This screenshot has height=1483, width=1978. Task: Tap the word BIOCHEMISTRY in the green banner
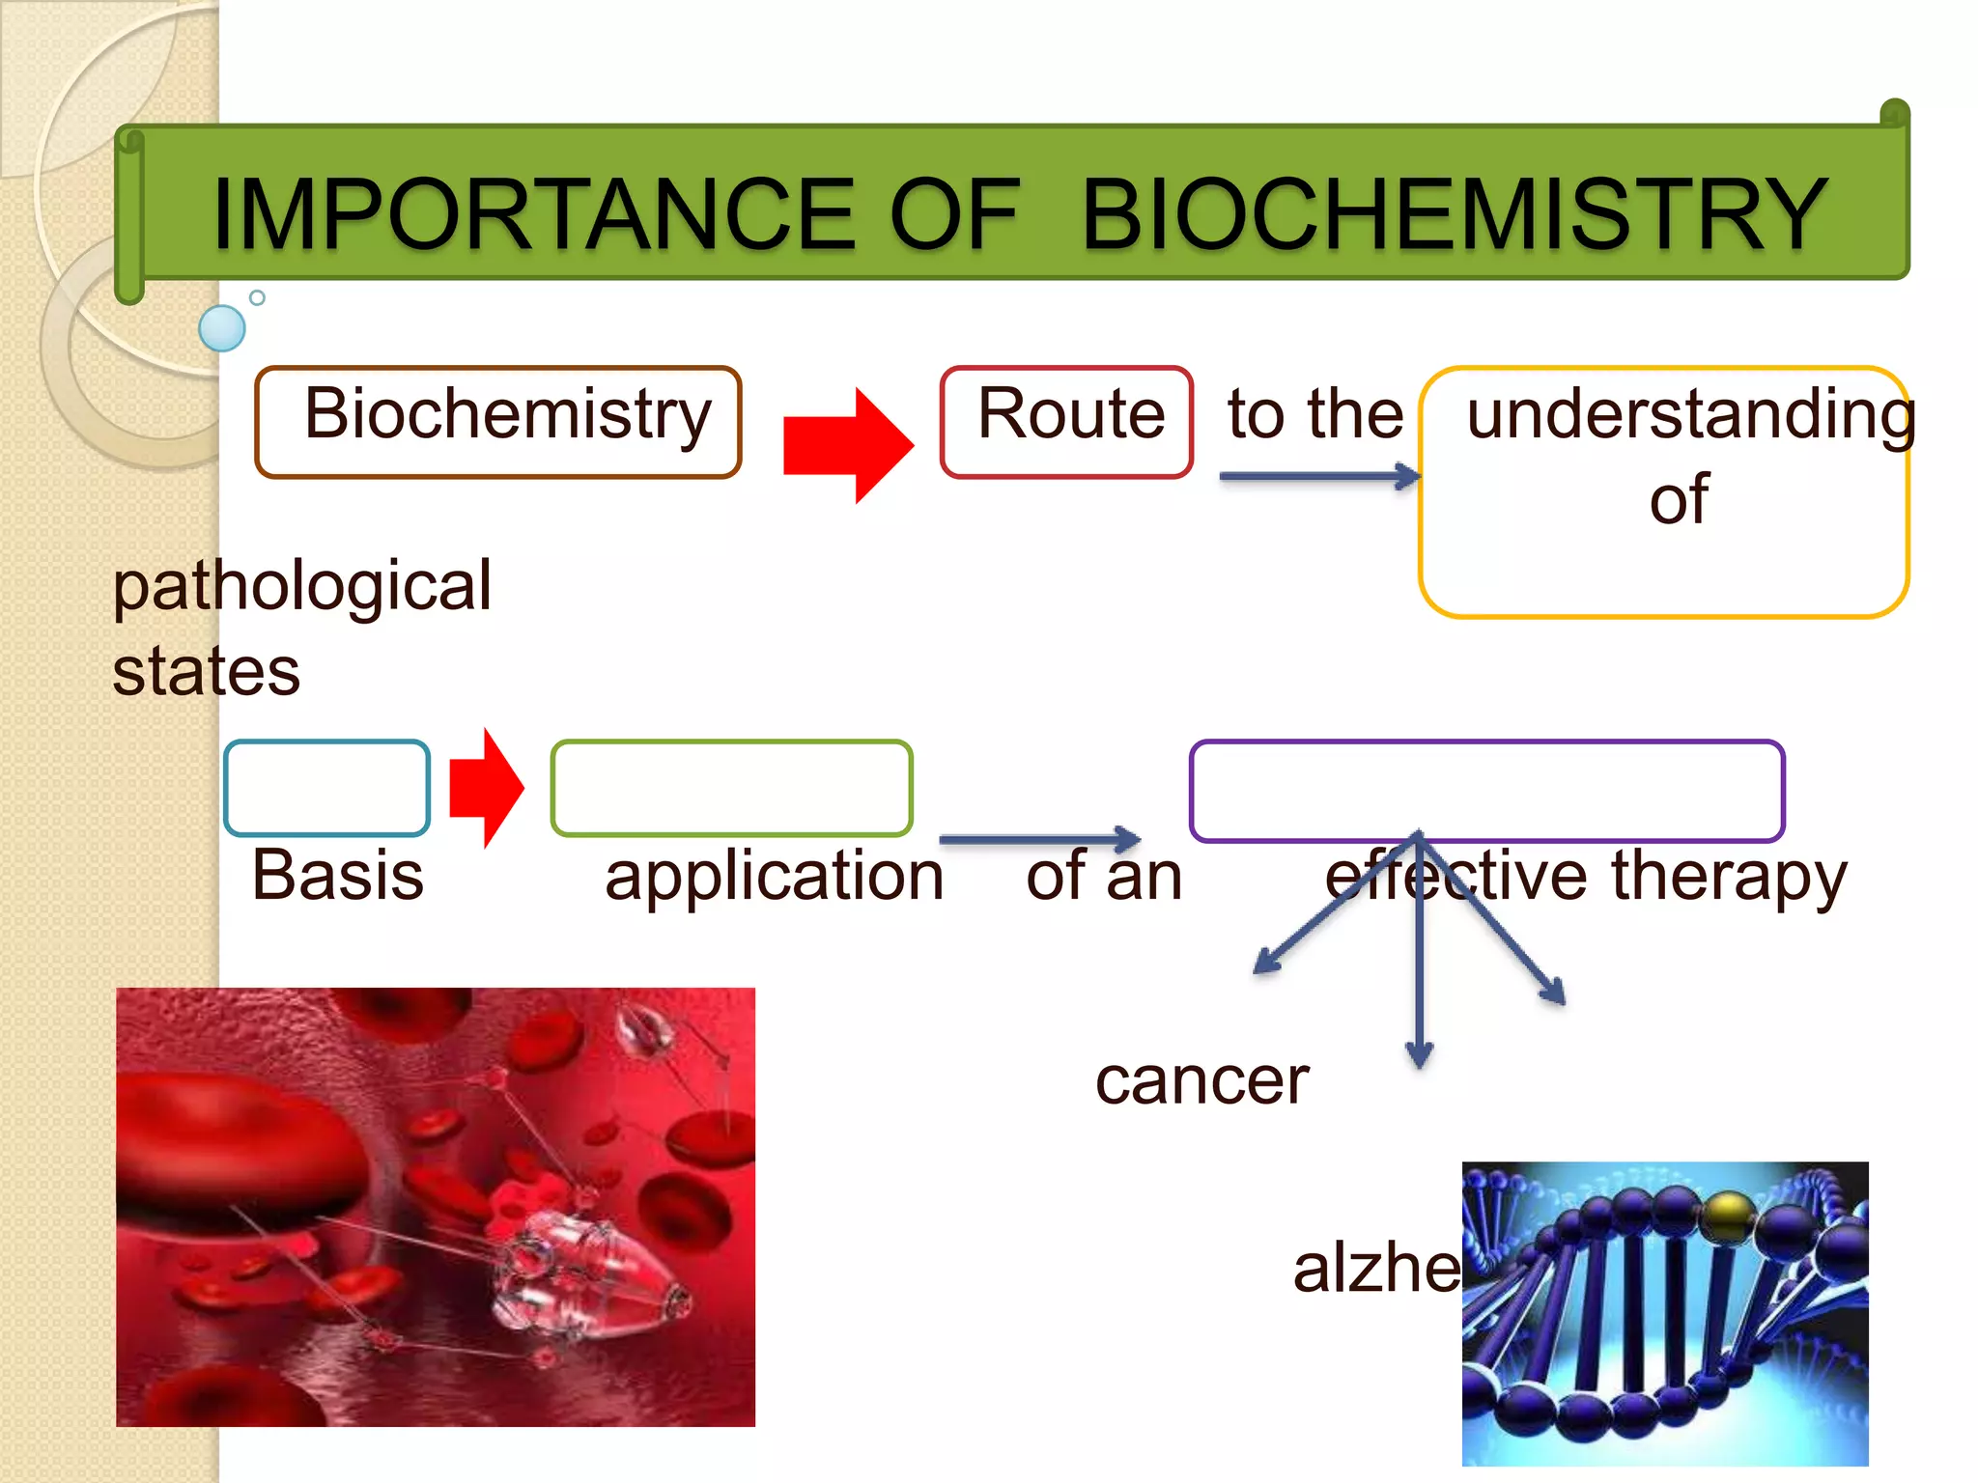1454,214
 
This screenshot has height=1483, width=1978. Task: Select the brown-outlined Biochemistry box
497,422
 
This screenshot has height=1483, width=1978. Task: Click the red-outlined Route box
1066,422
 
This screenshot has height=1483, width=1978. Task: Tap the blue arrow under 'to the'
1318,476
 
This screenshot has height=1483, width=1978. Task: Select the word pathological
302,586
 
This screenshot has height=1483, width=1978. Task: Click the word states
206,672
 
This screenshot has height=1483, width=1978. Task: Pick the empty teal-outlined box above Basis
326,788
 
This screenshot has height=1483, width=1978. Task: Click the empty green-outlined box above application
731,788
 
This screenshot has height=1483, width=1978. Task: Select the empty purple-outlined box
1486,790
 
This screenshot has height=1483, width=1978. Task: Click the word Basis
337,876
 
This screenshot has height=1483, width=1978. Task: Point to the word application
774,877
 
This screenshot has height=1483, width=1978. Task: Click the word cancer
1201,1080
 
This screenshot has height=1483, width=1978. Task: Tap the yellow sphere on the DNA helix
1730,1216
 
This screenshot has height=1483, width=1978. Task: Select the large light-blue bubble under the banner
222,328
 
